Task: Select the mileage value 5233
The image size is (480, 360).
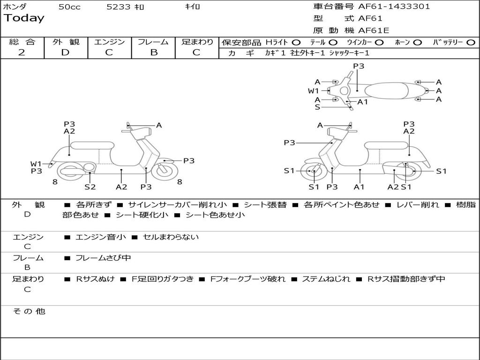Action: (119, 7)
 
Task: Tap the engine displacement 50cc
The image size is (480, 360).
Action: (69, 7)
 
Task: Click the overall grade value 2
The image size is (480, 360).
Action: (22, 52)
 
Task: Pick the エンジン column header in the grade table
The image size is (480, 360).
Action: (109, 42)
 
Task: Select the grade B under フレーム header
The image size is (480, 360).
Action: (153, 52)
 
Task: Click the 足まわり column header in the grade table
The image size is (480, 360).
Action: (197, 42)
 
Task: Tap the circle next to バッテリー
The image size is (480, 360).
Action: (471, 43)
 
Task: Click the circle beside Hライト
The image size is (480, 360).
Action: (296, 43)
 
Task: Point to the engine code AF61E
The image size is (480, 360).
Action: (374, 31)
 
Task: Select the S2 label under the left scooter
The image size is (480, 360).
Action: (90, 187)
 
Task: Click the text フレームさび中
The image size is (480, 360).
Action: (103, 258)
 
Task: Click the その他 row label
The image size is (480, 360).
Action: (29, 311)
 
